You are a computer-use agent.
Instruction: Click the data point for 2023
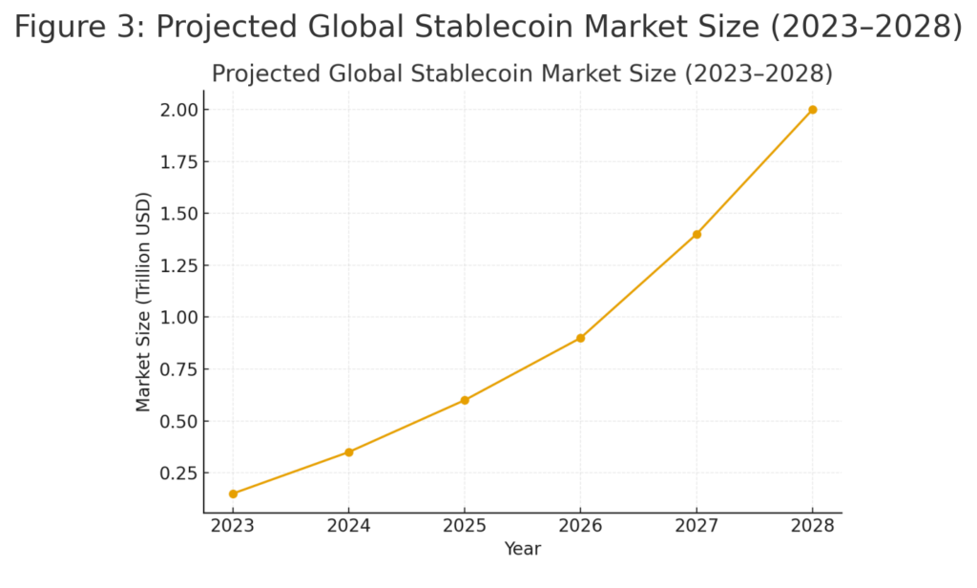pos(233,493)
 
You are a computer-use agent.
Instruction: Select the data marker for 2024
pos(349,452)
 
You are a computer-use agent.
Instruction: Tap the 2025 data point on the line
pos(465,400)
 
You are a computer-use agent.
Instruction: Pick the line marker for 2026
pos(580,338)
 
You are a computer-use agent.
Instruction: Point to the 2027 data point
pos(696,234)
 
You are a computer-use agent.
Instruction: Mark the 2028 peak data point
pos(812,110)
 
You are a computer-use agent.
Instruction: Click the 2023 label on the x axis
pos(233,527)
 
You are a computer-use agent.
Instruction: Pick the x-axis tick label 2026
pos(580,527)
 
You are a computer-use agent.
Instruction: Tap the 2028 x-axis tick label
pos(812,527)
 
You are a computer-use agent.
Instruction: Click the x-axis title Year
pos(523,550)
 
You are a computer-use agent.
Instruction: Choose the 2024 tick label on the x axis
pos(349,527)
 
